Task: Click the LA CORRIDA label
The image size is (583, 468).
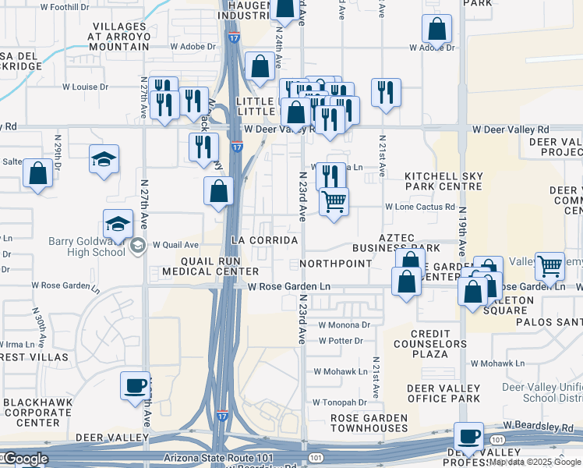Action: click(x=263, y=239)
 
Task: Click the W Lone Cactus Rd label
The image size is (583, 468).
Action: click(x=420, y=207)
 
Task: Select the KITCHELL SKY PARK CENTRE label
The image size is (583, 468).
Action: click(x=443, y=182)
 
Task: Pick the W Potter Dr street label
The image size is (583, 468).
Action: click(x=341, y=341)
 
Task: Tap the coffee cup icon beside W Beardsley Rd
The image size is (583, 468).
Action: click(x=469, y=436)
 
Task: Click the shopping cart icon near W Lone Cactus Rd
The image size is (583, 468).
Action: click(x=334, y=201)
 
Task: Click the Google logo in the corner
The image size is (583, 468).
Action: click(x=24, y=459)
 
